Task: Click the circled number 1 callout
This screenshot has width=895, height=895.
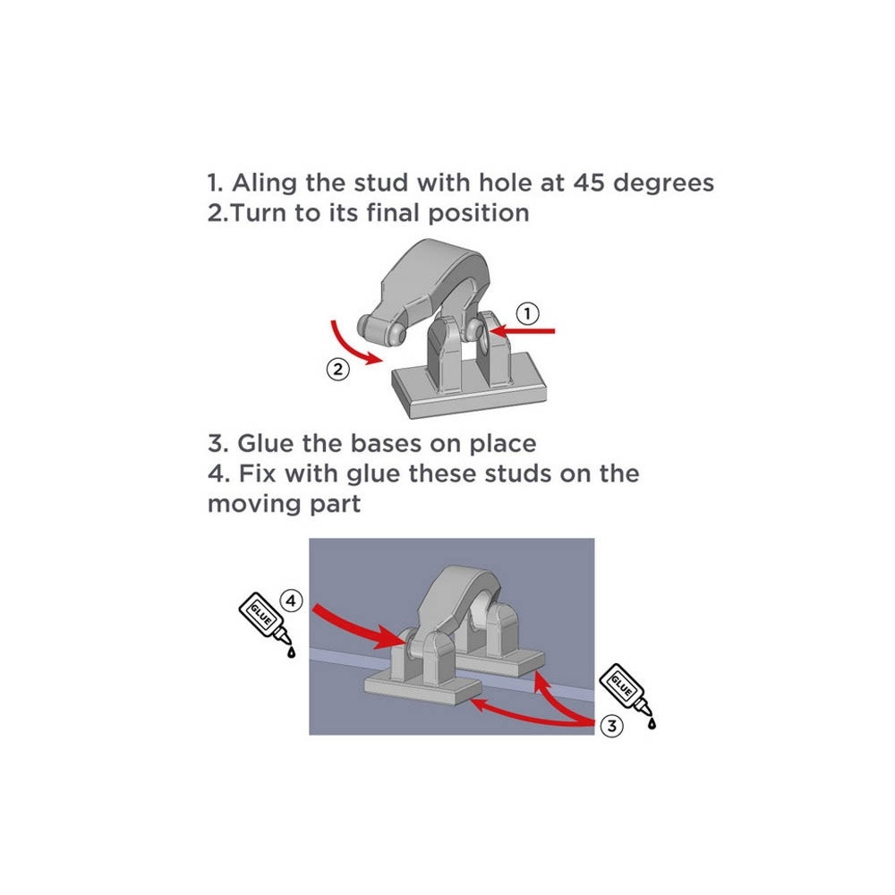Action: click(527, 313)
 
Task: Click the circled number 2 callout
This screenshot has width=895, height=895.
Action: click(338, 370)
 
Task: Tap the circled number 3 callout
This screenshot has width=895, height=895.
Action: click(612, 726)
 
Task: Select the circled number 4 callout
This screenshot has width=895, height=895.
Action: click(291, 601)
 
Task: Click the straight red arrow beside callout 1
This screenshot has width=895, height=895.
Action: click(523, 331)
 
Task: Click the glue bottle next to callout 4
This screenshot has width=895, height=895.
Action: click(267, 625)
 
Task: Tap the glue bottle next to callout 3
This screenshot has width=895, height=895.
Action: click(627, 695)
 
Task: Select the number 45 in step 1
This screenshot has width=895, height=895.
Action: click(589, 183)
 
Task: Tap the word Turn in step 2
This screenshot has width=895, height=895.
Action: click(260, 213)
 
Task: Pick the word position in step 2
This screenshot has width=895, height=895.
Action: click(478, 214)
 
